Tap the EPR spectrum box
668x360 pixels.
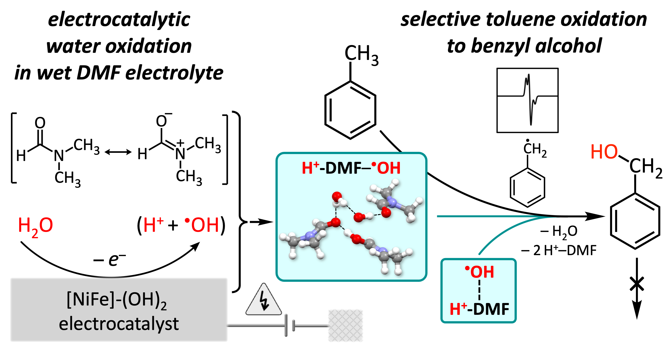pyautogui.click(x=527, y=100)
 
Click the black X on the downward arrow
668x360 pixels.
pyautogui.click(x=637, y=284)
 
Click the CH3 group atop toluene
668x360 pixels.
pyautogui.click(x=361, y=54)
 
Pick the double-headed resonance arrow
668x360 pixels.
pyautogui.click(x=118, y=152)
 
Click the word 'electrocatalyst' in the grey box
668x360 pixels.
pyautogui.click(x=119, y=324)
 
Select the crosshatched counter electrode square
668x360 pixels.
pyautogui.click(x=345, y=325)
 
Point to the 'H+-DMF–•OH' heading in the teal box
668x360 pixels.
pyautogui.click(x=351, y=168)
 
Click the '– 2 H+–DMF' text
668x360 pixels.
pyautogui.click(x=559, y=250)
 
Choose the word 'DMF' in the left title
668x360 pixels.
pyautogui.click(x=98, y=73)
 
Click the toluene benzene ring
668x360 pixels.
pyautogui.click(x=350, y=110)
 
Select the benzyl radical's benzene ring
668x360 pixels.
pyautogui.click(x=527, y=187)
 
